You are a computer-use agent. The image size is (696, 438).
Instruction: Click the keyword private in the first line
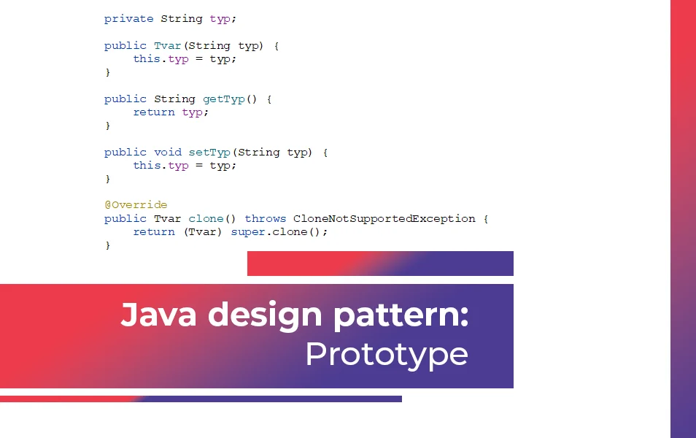(x=128, y=19)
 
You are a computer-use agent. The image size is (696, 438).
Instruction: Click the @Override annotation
(x=136, y=205)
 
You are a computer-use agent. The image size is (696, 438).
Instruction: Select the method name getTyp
(x=224, y=99)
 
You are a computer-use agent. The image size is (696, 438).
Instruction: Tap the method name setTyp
(x=209, y=153)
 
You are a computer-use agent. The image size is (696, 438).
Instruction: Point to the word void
(x=168, y=152)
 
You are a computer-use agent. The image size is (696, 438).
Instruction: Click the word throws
(x=266, y=218)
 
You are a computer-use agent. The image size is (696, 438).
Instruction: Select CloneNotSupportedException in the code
(x=384, y=219)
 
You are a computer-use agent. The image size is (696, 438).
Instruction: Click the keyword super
(x=247, y=232)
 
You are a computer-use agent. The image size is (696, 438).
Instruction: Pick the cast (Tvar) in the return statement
(x=202, y=232)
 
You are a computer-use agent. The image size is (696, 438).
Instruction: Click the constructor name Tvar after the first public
(x=168, y=45)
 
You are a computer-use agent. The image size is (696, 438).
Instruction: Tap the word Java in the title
(x=158, y=315)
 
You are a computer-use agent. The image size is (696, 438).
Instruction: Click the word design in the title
(x=265, y=315)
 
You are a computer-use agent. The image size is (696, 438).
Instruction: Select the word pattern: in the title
(x=401, y=316)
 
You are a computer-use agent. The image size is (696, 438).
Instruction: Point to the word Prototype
(x=387, y=355)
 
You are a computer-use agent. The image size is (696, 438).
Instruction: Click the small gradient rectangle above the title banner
(x=380, y=264)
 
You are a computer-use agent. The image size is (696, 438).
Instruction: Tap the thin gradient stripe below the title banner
(x=201, y=399)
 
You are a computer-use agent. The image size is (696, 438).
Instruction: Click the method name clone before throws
(x=206, y=218)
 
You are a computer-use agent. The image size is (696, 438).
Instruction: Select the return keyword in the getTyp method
(x=154, y=112)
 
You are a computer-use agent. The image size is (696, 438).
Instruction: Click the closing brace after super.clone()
(x=107, y=245)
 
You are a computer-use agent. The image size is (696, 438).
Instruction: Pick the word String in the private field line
(x=182, y=19)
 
